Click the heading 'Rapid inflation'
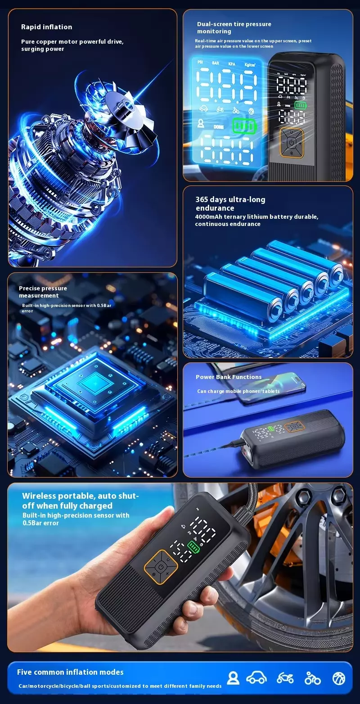click(x=46, y=27)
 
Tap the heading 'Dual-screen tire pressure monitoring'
click(x=234, y=27)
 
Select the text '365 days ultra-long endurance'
click(x=230, y=203)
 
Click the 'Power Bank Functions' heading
click(x=229, y=377)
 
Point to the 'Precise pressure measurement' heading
click(x=43, y=292)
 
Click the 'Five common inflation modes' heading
click(x=70, y=672)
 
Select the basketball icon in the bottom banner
click(x=339, y=678)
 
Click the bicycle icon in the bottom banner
click(x=312, y=678)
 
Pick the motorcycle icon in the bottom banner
click(x=285, y=678)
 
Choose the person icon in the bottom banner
click(x=233, y=678)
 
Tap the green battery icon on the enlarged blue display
click(x=244, y=126)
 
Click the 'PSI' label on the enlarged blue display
click(x=200, y=62)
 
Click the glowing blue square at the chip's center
click(x=94, y=384)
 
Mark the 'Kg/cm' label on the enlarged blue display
click(x=250, y=65)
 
